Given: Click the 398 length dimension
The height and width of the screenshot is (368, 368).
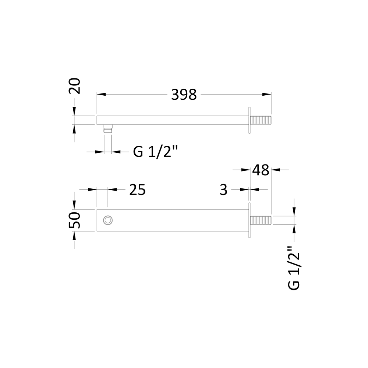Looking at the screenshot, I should (x=184, y=95).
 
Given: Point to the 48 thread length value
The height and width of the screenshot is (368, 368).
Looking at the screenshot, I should (x=261, y=170).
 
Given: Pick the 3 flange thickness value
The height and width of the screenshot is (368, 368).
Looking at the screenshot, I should (x=223, y=190).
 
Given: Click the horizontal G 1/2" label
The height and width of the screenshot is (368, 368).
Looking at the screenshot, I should (x=155, y=151).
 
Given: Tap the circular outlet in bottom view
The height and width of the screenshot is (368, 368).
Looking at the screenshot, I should (x=108, y=220).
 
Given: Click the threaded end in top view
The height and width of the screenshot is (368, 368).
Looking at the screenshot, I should (x=261, y=120).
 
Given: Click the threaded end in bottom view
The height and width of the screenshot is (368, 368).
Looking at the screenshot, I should (x=261, y=220).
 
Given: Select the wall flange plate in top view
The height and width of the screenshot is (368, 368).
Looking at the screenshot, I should (x=250, y=120).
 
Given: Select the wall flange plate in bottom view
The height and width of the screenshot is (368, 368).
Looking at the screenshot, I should (x=250, y=220).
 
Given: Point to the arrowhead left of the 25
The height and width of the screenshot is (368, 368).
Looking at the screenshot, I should (x=93, y=189).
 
